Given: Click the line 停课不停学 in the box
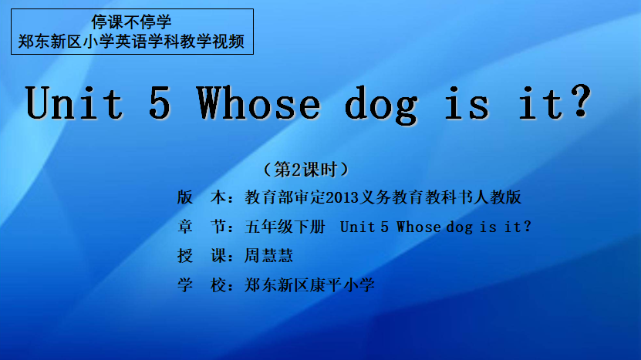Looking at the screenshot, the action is (x=131, y=22).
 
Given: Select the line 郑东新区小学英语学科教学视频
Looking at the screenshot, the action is (x=131, y=42).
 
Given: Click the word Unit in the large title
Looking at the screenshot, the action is (x=74, y=103).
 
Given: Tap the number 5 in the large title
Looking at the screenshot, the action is (x=160, y=103).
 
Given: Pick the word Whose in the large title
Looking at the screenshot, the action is (x=258, y=103).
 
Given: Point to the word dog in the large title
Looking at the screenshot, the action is (x=381, y=106).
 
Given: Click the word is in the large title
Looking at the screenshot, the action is (x=467, y=103).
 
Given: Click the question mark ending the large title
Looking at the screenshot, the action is (x=581, y=102).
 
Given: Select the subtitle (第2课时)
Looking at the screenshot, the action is (x=306, y=169).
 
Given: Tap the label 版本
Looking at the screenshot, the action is (x=201, y=197).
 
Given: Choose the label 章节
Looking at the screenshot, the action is (x=201, y=227).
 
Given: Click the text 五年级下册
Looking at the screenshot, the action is (x=285, y=227).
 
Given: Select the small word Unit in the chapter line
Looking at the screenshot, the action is (x=357, y=227).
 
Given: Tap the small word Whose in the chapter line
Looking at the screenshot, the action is (x=419, y=227).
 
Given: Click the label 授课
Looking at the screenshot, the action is (x=201, y=256).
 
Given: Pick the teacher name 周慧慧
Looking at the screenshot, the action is (x=268, y=256).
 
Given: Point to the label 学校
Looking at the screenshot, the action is (x=201, y=284).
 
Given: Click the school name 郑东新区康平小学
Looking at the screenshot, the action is (x=309, y=284).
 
